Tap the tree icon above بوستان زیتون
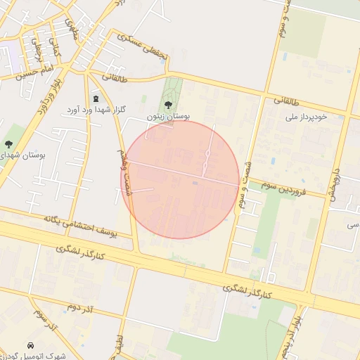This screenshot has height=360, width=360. click(167, 105)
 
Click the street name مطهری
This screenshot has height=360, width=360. click(72, 27)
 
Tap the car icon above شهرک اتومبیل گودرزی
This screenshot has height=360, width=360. click(31, 346)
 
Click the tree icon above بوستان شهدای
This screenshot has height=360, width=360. click(8, 143)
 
